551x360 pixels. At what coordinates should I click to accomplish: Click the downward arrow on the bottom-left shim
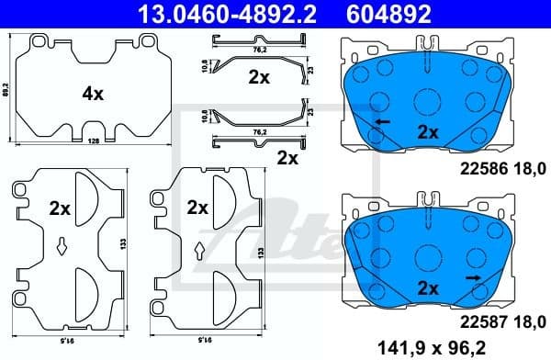pos(60,244)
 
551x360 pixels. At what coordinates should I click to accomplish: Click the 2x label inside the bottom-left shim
pos(60,208)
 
